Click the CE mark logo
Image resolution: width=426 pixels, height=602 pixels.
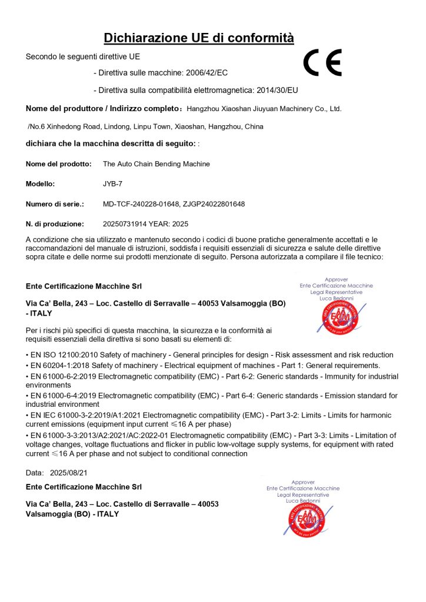coord(322,63)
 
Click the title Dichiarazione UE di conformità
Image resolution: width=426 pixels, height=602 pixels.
coord(199,38)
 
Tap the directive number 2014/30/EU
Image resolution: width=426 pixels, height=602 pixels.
coord(277,91)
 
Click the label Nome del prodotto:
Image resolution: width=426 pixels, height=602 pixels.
coord(58,164)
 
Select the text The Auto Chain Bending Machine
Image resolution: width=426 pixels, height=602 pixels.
coord(156,164)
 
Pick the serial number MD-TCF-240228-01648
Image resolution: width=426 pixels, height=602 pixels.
coord(138,204)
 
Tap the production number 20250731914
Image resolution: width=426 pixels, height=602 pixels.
coord(125,224)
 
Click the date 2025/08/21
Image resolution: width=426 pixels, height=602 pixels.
coord(69,473)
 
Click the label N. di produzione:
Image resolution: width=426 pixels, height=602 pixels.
coord(55,224)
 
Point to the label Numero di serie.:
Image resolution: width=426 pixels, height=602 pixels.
coord(55,204)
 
